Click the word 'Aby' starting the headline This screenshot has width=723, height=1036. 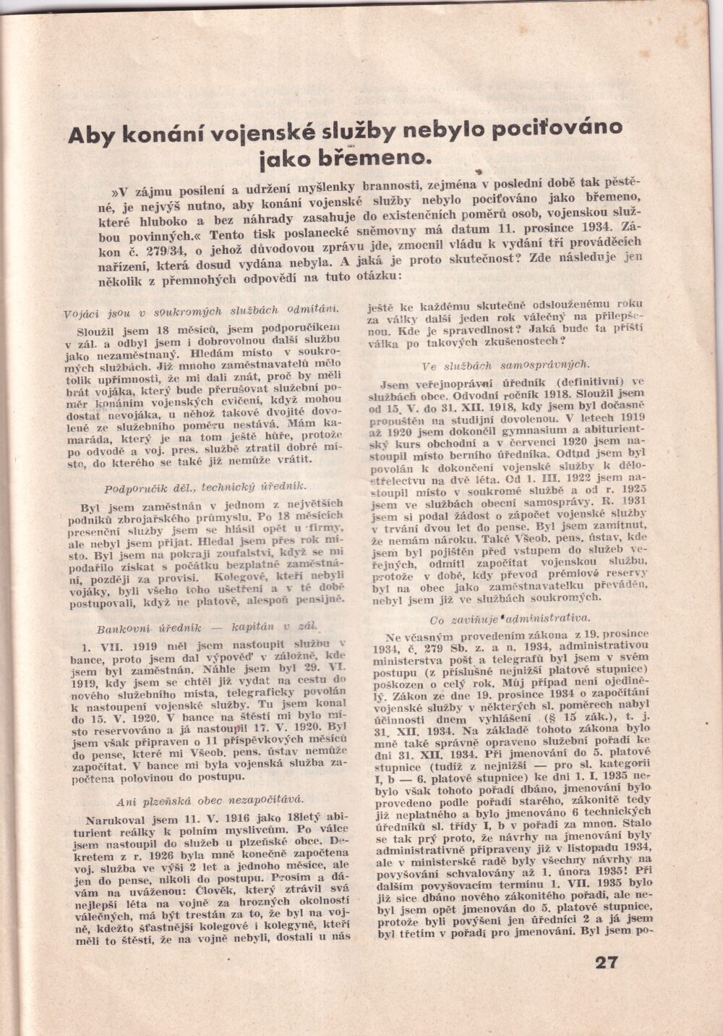92,136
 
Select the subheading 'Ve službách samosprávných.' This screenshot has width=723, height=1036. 506,364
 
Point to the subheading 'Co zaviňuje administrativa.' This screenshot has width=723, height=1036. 510,618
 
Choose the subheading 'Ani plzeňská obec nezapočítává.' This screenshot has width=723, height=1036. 210,799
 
